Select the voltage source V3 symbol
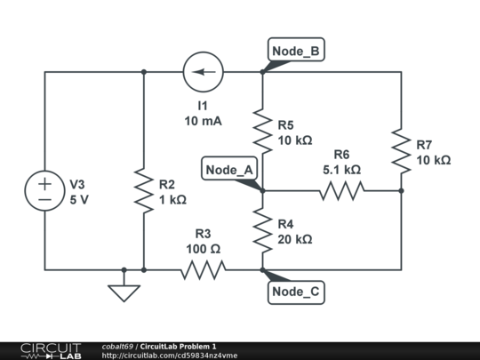tap(44, 192)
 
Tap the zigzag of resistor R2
tap(143, 192)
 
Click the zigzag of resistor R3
tap(203, 269)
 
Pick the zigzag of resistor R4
tap(262, 230)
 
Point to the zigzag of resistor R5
tap(262, 132)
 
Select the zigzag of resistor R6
tap(341, 190)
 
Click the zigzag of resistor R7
tap(401, 151)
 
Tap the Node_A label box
tap(229, 170)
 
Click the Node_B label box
tap(295, 51)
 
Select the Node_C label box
tap(295, 292)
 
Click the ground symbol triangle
tap(124, 292)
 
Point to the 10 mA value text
tap(204, 121)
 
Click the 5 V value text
tap(79, 200)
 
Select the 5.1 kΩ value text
tap(341, 169)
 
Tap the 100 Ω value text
tap(203, 248)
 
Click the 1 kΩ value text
tap(172, 200)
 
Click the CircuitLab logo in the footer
tap(51, 349)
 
